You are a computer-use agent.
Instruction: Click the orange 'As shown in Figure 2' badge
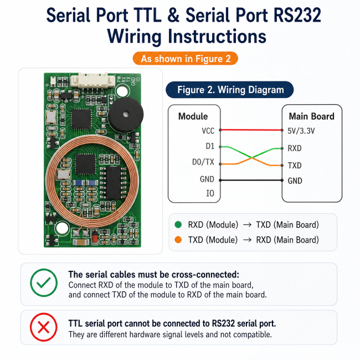click(186, 59)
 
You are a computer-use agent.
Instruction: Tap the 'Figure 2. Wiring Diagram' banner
click(230, 90)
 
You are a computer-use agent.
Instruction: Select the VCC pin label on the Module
click(208, 131)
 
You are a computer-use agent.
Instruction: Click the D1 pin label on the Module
click(210, 146)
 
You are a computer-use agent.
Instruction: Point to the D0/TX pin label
click(203, 162)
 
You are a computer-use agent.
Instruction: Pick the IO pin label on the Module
click(210, 193)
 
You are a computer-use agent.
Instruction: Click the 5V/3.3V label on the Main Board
click(301, 131)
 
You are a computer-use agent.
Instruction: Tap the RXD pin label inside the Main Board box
click(295, 148)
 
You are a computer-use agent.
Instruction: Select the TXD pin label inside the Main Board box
click(295, 165)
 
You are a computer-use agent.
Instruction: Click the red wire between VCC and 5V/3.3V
click(251, 130)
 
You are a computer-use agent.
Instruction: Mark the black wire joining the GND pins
click(251, 180)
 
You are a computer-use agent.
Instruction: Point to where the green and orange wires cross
click(251, 157)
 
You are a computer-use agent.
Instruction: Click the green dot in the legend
click(178, 224)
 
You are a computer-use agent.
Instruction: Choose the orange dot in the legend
click(178, 240)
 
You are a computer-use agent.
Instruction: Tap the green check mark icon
click(44, 282)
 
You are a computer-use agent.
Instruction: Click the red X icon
click(44, 327)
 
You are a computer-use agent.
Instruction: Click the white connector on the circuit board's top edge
click(92, 80)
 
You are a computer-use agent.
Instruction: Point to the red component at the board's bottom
click(94, 236)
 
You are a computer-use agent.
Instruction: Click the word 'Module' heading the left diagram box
click(193, 116)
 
